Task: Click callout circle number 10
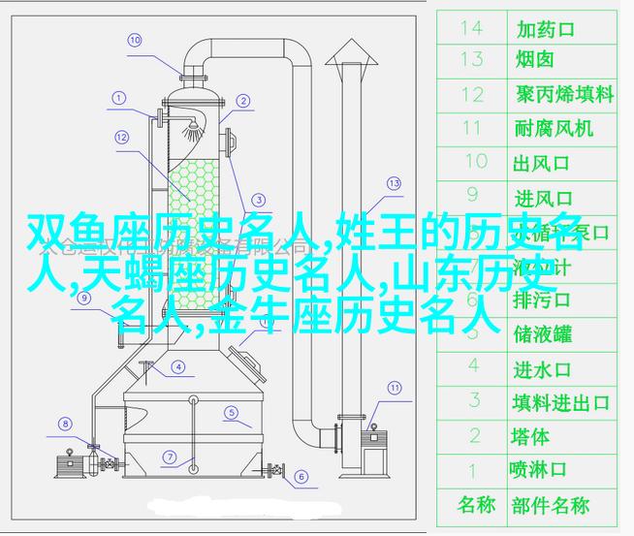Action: point(135,40)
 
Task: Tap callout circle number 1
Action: point(119,98)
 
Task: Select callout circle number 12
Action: point(121,138)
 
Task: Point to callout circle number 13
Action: point(394,182)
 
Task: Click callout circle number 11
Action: point(395,390)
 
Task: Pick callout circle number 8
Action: point(65,423)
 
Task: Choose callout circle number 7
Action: point(169,457)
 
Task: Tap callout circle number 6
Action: point(301,477)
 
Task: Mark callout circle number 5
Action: point(232,411)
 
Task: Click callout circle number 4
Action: point(178,366)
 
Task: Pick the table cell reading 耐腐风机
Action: point(554,128)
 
